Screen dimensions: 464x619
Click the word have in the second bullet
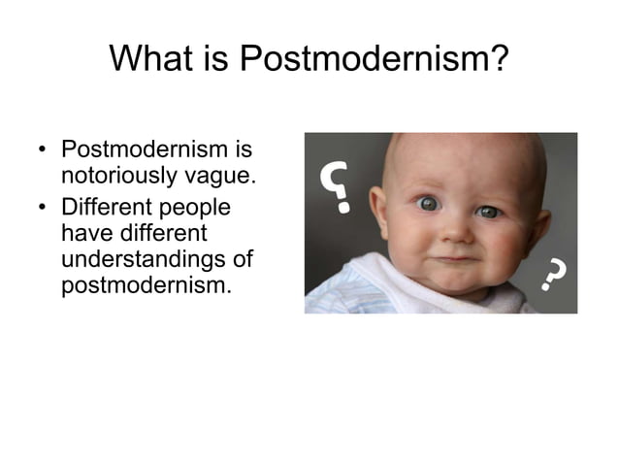(x=83, y=234)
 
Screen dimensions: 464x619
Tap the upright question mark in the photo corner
(x=553, y=276)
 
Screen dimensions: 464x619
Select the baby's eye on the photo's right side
(x=488, y=211)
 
